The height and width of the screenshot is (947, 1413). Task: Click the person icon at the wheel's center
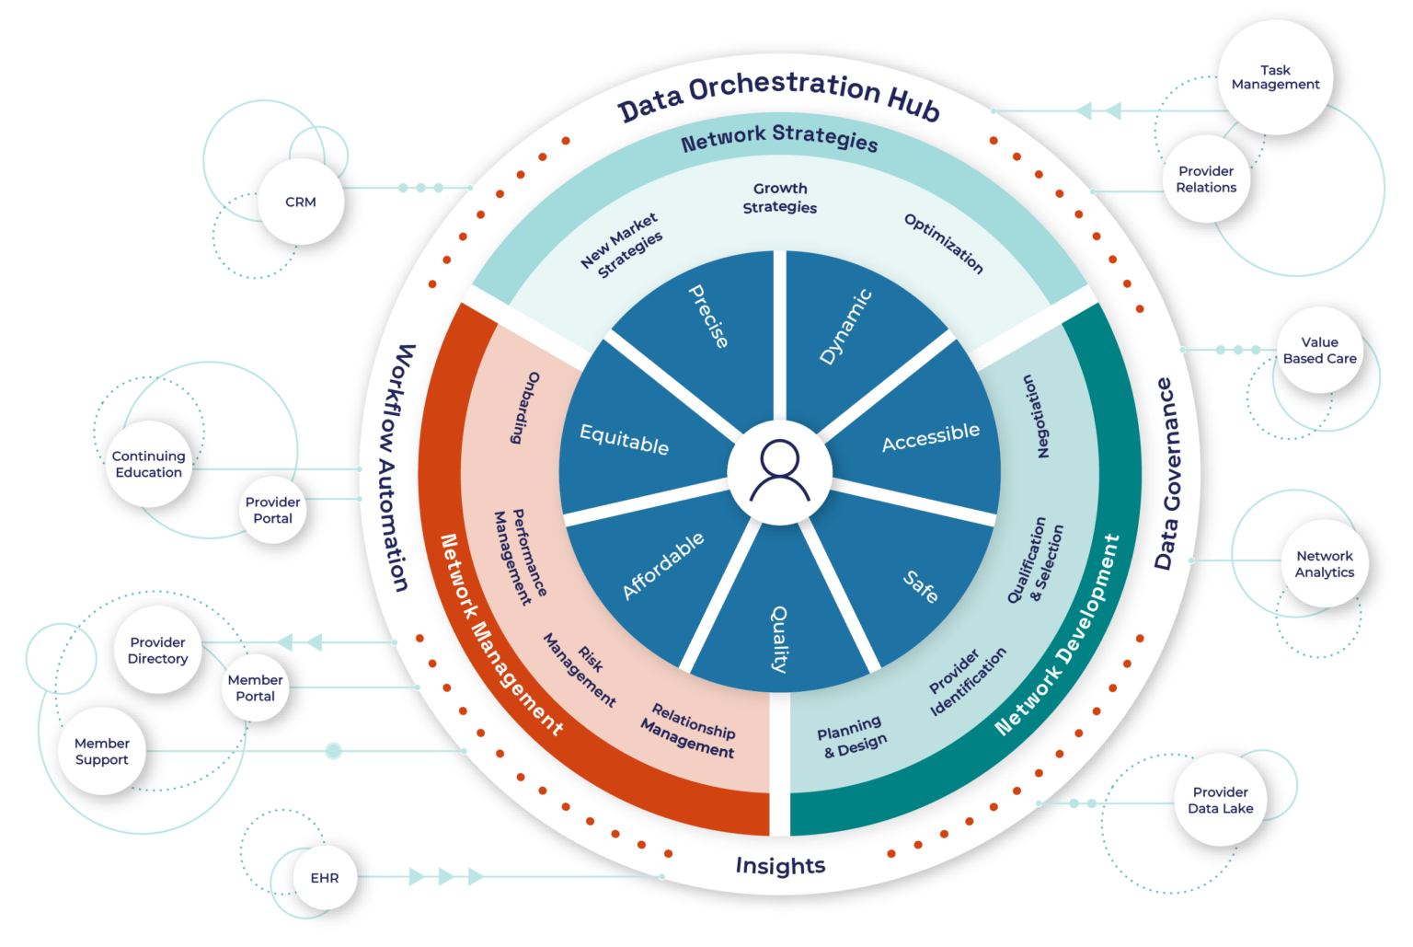pos(780,471)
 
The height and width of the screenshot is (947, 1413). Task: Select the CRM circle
pos(300,202)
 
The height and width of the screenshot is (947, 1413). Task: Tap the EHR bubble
pos(324,878)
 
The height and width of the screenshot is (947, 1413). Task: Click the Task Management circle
pos(1275,77)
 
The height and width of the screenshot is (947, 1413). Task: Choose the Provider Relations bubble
pos(1206,179)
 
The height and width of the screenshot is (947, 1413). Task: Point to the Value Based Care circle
pos(1319,351)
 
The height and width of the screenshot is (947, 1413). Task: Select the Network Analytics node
pos(1324,564)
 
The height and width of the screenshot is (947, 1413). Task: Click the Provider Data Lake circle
pos(1220,801)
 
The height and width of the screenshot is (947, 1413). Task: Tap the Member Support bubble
pos(101,752)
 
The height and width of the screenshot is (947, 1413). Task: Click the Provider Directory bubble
pos(157,651)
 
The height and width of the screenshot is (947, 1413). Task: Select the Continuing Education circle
pos(148,464)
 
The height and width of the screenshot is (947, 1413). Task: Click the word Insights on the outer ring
pos(780,866)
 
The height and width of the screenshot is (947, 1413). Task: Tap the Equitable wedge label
pos(624,440)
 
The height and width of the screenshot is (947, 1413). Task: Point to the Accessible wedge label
pos(930,437)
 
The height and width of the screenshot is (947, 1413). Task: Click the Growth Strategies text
pos(780,198)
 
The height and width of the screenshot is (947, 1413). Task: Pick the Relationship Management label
pos(690,731)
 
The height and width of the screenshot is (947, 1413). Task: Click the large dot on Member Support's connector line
pos(333,752)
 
